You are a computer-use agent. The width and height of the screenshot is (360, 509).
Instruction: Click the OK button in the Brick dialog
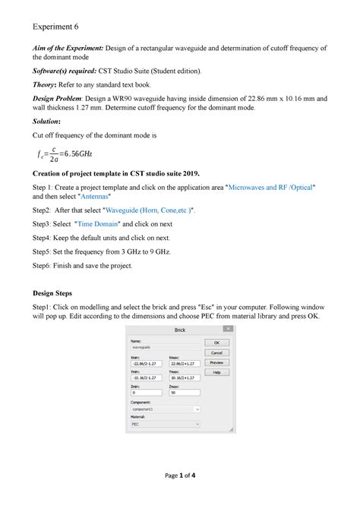(216, 343)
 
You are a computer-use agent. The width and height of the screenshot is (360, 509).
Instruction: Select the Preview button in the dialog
(216, 362)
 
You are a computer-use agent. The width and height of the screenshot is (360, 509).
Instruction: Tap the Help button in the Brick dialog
(216, 372)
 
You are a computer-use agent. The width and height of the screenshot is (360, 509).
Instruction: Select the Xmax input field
(185, 364)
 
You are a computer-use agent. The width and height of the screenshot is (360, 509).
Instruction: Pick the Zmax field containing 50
(185, 393)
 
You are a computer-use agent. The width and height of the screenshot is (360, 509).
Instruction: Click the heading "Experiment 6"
(56, 27)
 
